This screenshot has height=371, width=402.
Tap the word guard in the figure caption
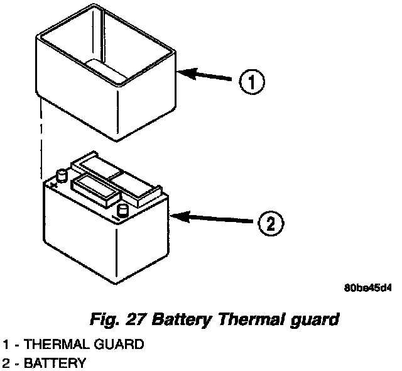point(317,320)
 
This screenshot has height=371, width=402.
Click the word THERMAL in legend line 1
point(52,345)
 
